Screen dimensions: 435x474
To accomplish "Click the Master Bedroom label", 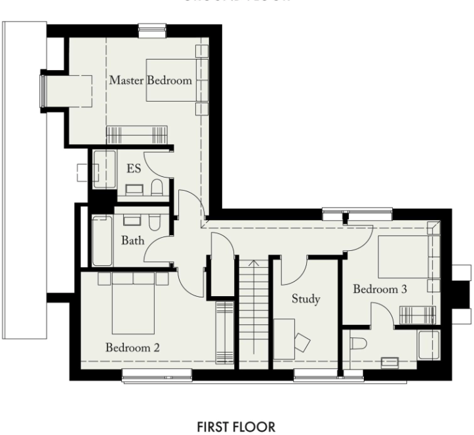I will (x=150, y=81).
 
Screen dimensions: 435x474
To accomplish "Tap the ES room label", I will (x=134, y=169).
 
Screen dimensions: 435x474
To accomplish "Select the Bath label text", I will (x=132, y=240).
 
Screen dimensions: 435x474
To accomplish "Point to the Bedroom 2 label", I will (x=132, y=347).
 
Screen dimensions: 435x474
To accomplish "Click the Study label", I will (x=306, y=299).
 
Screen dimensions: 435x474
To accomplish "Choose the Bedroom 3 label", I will (x=380, y=289).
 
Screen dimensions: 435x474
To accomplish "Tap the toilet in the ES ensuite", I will (x=157, y=188).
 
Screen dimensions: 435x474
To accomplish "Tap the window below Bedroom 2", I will (x=157, y=375).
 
